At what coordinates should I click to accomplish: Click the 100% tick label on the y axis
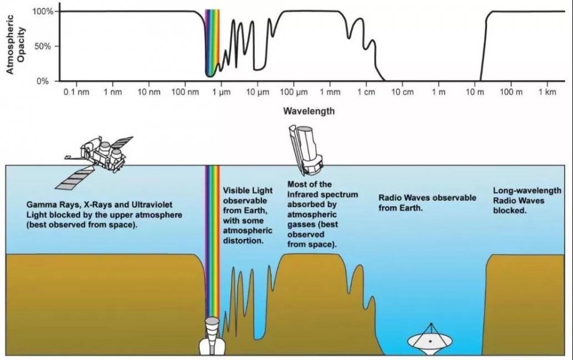coord(43,12)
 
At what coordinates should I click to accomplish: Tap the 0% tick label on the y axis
coord(42,81)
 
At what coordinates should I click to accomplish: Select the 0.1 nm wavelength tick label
coord(76,92)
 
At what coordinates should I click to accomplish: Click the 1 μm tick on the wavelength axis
coord(221,92)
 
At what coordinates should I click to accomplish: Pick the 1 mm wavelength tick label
coord(330,92)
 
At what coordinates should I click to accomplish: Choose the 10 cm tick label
coord(402,92)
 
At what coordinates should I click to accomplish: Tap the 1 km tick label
coord(547,92)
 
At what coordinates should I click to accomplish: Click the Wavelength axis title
coord(309,110)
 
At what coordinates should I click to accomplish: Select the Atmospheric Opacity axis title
coord(16,44)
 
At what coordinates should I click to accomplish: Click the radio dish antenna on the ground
coord(430,340)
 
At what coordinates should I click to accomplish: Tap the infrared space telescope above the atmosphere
coord(306,149)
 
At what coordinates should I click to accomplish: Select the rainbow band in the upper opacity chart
coord(212,42)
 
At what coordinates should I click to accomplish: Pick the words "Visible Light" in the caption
coord(248,190)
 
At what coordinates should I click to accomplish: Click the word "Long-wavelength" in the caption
coord(527,190)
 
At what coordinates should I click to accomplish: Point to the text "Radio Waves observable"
coord(427,198)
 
